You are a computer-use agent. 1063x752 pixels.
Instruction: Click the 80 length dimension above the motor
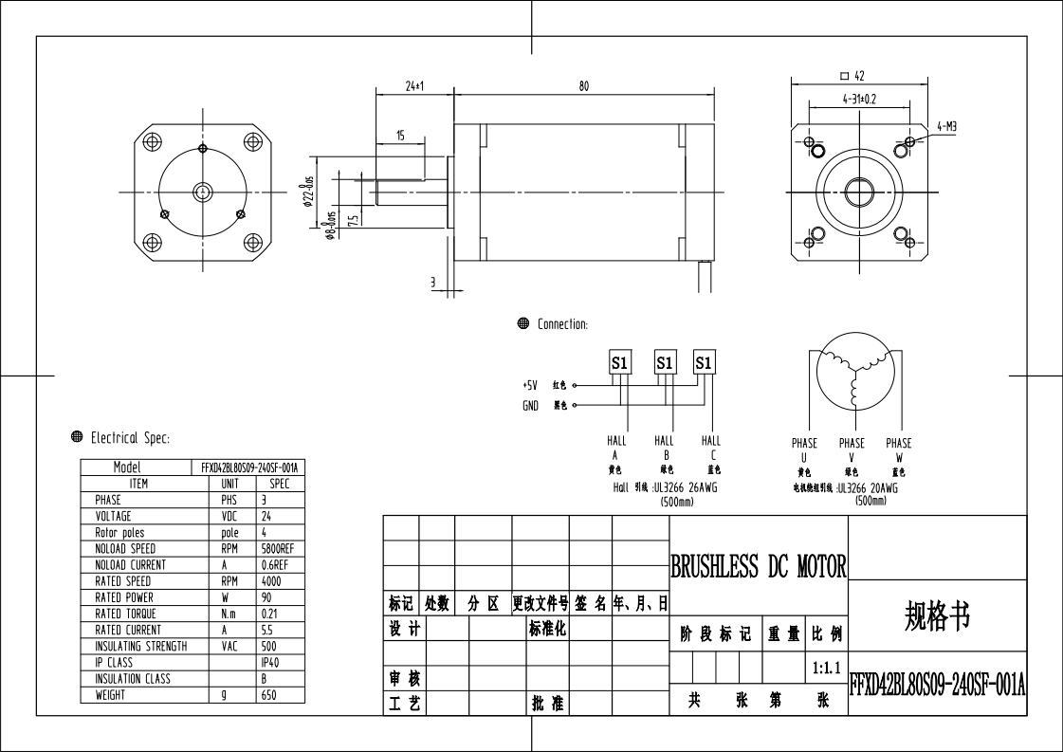(x=583, y=86)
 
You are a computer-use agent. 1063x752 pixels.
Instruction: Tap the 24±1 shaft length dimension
(x=414, y=86)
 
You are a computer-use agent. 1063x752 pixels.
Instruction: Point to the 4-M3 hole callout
(x=946, y=125)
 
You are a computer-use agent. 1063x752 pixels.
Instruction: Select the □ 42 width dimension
(x=852, y=76)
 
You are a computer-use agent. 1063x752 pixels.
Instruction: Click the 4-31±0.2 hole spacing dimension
(x=858, y=98)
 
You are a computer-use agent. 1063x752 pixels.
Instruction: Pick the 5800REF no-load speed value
(x=278, y=549)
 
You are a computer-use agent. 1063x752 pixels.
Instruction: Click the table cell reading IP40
(x=270, y=662)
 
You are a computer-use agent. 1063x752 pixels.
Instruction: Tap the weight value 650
(x=268, y=694)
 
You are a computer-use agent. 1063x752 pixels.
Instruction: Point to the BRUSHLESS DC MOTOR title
(x=758, y=567)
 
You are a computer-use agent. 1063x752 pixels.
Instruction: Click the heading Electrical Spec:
(x=130, y=438)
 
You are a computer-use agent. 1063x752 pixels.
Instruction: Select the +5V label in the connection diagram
(x=530, y=386)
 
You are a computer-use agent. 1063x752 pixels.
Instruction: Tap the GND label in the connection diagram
(x=530, y=406)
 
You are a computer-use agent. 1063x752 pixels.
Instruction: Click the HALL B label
(x=664, y=447)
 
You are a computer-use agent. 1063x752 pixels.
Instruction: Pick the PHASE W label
(x=898, y=449)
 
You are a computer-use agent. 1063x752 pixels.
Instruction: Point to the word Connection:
(x=562, y=324)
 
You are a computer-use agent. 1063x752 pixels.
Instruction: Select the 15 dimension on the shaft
(x=400, y=137)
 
